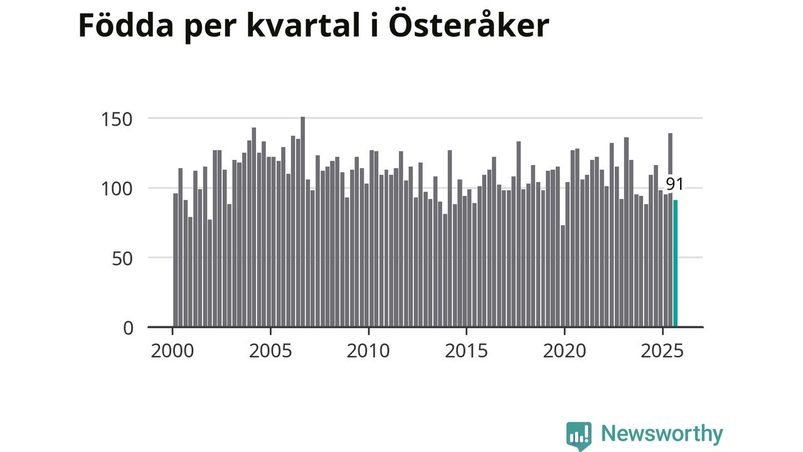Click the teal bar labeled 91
coord(675,264)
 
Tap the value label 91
coord(674,184)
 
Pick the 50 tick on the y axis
coord(123,258)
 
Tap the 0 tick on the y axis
coord(128,328)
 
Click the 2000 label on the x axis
coord(172,350)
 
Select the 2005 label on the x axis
coord(270,350)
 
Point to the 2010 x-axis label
coord(368,350)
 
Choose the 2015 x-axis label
coord(466,350)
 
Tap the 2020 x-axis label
coord(565,350)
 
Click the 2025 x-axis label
coord(662,350)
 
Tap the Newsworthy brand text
coord(662,434)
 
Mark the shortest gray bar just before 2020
coord(563,276)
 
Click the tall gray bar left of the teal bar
coord(670,230)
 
